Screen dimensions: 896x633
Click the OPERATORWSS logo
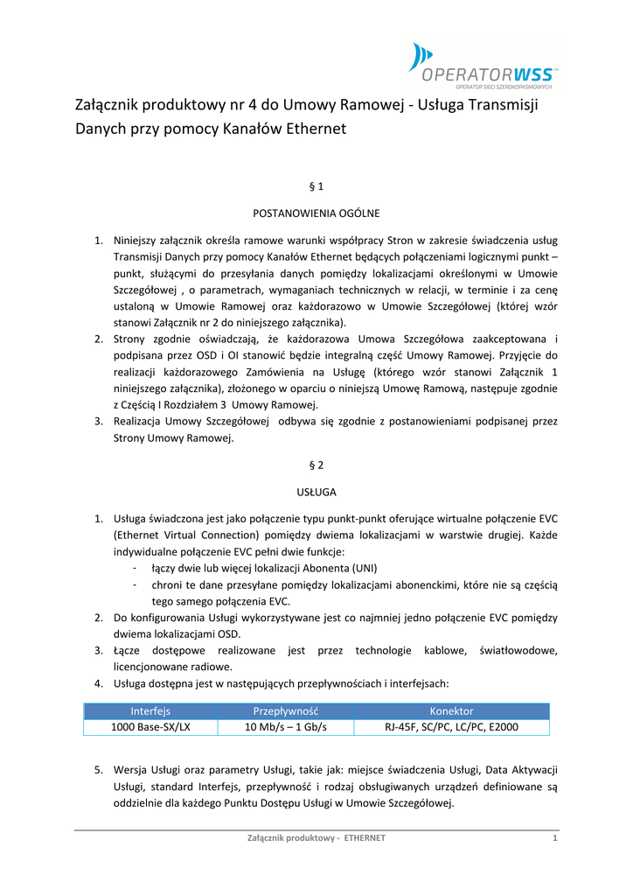(x=483, y=65)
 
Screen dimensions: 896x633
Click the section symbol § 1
(x=316, y=187)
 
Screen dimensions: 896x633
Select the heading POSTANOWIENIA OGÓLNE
(x=316, y=213)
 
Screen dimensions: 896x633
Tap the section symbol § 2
(x=316, y=465)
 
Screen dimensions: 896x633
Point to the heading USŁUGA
(x=316, y=492)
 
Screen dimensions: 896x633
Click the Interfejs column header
(x=150, y=711)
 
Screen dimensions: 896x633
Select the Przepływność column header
(x=285, y=711)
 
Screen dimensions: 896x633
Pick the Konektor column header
(x=451, y=711)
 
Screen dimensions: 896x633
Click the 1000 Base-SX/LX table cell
(x=150, y=727)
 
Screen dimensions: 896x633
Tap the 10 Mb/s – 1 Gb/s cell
(x=285, y=727)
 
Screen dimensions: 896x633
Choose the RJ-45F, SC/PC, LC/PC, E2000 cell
(x=451, y=727)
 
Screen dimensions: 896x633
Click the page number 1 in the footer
(x=555, y=838)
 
